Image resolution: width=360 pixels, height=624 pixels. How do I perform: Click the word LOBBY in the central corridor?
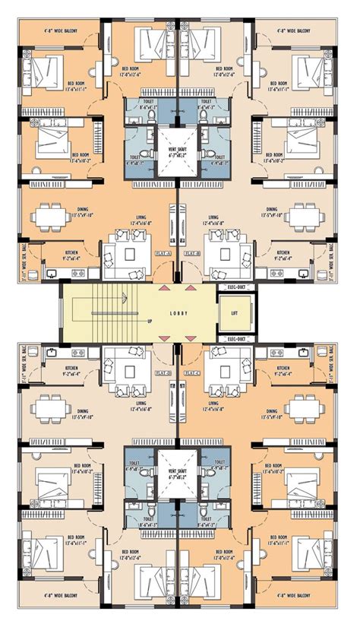[179, 312]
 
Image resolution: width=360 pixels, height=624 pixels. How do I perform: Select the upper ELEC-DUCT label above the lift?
[235, 287]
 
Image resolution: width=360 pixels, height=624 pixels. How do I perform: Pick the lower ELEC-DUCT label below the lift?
[235, 338]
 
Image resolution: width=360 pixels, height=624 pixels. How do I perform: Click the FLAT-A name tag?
[162, 252]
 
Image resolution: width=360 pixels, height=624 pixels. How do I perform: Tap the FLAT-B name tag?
[193, 252]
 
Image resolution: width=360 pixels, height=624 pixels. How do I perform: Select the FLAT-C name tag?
[193, 373]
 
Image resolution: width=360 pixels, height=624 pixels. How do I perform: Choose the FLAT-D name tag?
[162, 373]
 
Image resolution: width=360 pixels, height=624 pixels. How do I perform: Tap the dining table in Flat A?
[55, 214]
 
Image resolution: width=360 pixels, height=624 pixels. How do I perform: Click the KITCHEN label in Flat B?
[283, 254]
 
